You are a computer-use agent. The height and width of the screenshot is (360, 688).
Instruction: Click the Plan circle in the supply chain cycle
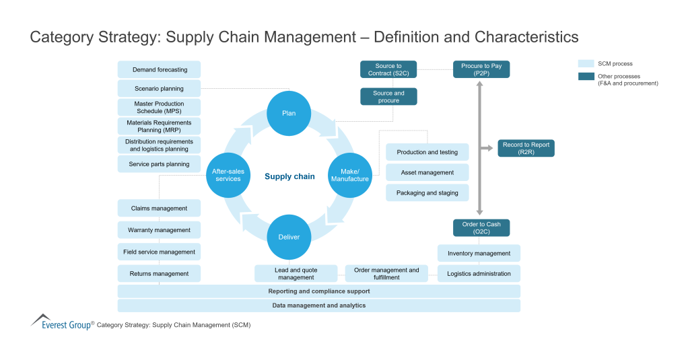(x=289, y=113)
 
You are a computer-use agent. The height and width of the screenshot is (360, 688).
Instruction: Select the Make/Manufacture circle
(x=349, y=175)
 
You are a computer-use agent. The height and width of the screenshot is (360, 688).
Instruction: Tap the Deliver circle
(x=289, y=237)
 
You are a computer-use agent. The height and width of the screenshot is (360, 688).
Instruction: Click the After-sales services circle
(x=228, y=175)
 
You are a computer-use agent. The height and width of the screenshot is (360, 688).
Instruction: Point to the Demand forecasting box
(x=160, y=69)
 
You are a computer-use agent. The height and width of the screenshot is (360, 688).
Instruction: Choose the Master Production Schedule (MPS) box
(x=160, y=107)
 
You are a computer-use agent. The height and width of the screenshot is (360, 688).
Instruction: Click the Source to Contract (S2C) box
(x=388, y=69)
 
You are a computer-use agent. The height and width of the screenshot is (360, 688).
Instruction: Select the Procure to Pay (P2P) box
(x=481, y=69)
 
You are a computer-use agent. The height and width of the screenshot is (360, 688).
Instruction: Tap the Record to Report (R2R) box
(x=526, y=148)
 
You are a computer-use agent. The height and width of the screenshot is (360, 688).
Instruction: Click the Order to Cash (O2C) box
(x=481, y=227)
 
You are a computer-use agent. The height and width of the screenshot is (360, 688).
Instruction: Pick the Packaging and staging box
(x=427, y=192)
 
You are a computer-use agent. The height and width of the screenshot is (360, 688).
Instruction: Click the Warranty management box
(x=160, y=230)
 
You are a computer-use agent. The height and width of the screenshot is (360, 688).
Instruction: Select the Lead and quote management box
(x=296, y=273)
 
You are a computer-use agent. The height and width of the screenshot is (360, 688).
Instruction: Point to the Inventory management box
(x=479, y=253)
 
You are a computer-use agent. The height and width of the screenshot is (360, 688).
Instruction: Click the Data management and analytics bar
(x=318, y=305)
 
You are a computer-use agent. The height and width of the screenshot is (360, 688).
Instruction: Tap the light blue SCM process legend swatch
(x=585, y=63)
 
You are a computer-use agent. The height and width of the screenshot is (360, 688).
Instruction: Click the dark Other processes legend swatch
(x=585, y=77)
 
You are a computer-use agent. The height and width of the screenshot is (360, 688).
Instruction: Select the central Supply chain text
(x=289, y=176)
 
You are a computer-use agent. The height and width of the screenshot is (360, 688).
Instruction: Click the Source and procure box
(x=388, y=96)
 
